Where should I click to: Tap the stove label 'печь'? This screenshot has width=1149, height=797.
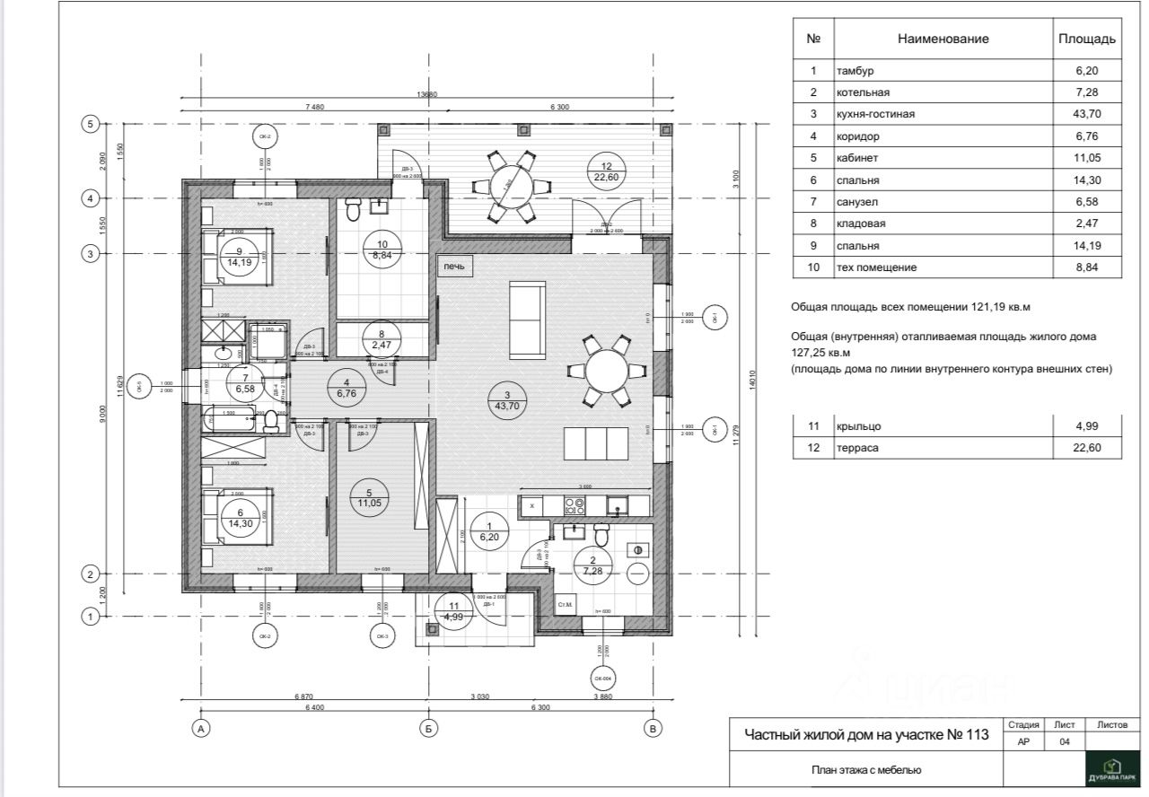453,267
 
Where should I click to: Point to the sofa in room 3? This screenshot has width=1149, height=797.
526,320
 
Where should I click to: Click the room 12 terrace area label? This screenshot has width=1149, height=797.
606,171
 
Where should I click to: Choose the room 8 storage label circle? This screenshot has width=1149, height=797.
381,339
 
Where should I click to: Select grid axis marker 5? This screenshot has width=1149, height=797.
89,125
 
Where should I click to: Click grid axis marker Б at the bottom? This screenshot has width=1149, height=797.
428,728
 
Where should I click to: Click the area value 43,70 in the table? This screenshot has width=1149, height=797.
1086,114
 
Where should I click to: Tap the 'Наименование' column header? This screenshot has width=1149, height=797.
943,39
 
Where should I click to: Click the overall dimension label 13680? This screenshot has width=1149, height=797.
426,95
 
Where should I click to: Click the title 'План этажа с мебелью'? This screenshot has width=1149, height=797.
866,769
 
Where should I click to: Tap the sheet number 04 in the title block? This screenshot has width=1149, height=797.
1065,741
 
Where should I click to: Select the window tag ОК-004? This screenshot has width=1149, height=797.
601,678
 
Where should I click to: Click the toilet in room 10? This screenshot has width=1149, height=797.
352,210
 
